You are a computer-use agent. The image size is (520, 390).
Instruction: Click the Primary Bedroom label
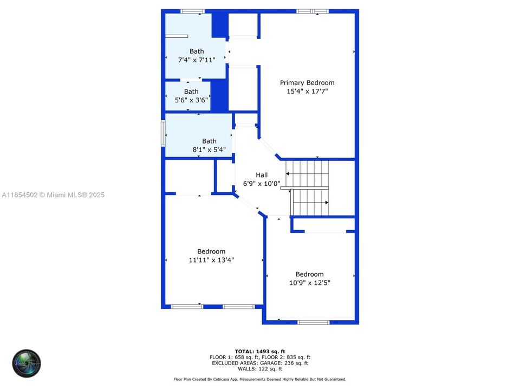tap(307, 83)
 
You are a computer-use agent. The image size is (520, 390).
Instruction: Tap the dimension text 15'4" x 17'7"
tap(307, 92)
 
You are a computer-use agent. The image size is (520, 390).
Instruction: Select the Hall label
tap(262, 175)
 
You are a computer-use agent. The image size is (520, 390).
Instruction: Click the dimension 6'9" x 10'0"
tap(262, 184)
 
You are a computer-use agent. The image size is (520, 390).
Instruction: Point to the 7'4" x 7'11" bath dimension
tap(197, 60)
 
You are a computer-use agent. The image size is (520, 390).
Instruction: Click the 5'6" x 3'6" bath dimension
tap(191, 100)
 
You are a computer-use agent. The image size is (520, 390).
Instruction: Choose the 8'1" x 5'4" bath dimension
tap(209, 150)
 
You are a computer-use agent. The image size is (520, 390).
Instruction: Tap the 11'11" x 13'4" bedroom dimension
tap(211, 260)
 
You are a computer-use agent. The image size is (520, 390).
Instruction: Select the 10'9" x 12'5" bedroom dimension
tap(309, 283)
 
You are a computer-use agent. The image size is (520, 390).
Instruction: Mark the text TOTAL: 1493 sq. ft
tap(260, 351)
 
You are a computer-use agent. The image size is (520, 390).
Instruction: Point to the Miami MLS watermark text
tap(53, 195)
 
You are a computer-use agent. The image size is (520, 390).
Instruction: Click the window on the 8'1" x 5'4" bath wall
tap(163, 133)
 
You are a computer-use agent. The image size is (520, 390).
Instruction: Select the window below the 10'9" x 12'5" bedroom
tap(313, 322)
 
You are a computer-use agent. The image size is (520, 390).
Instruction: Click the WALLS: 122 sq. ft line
tap(260, 369)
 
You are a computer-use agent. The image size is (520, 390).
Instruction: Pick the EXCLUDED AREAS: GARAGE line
tap(260, 363)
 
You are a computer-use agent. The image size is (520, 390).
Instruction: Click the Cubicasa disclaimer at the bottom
tap(260, 380)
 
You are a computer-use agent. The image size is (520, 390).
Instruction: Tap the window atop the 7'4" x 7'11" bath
tap(192, 11)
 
